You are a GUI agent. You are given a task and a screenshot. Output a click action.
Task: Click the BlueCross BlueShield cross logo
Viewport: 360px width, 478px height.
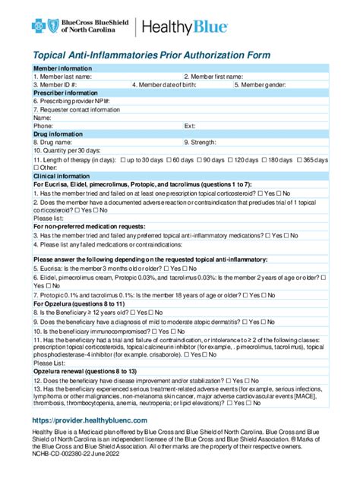(x=41, y=27)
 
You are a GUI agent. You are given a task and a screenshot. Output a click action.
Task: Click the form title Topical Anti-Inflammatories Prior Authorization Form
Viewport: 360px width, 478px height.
(x=150, y=55)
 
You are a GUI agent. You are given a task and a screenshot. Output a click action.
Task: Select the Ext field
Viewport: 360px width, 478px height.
(x=258, y=126)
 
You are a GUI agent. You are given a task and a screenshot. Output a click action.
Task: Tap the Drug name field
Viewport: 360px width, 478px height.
(x=122, y=142)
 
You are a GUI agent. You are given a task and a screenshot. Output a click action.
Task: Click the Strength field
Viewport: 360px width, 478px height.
(x=266, y=142)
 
